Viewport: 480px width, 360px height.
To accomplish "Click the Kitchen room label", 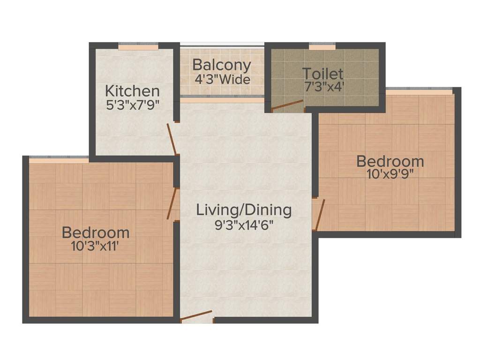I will click(132, 90).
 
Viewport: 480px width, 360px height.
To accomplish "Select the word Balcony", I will click(222, 65).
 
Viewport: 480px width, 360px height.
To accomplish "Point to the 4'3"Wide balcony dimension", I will click(222, 79).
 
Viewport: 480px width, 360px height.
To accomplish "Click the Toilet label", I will click(323, 74).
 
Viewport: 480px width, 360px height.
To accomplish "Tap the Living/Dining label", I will click(244, 210).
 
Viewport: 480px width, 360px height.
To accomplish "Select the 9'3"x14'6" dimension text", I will click(244, 224).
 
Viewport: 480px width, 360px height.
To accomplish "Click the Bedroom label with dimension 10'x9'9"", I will click(390, 161).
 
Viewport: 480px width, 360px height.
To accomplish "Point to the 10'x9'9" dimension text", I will click(390, 174).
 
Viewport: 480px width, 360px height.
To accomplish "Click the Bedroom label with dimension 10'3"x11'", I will click(96, 232).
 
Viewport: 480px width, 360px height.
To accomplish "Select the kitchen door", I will click(172, 139).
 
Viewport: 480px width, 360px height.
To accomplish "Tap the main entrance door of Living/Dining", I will click(197, 316).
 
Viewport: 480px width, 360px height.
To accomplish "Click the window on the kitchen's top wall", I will click(138, 47).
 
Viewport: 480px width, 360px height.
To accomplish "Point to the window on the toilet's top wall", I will click(322, 47).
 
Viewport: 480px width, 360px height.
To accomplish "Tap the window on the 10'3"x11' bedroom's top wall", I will click(59, 161).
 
